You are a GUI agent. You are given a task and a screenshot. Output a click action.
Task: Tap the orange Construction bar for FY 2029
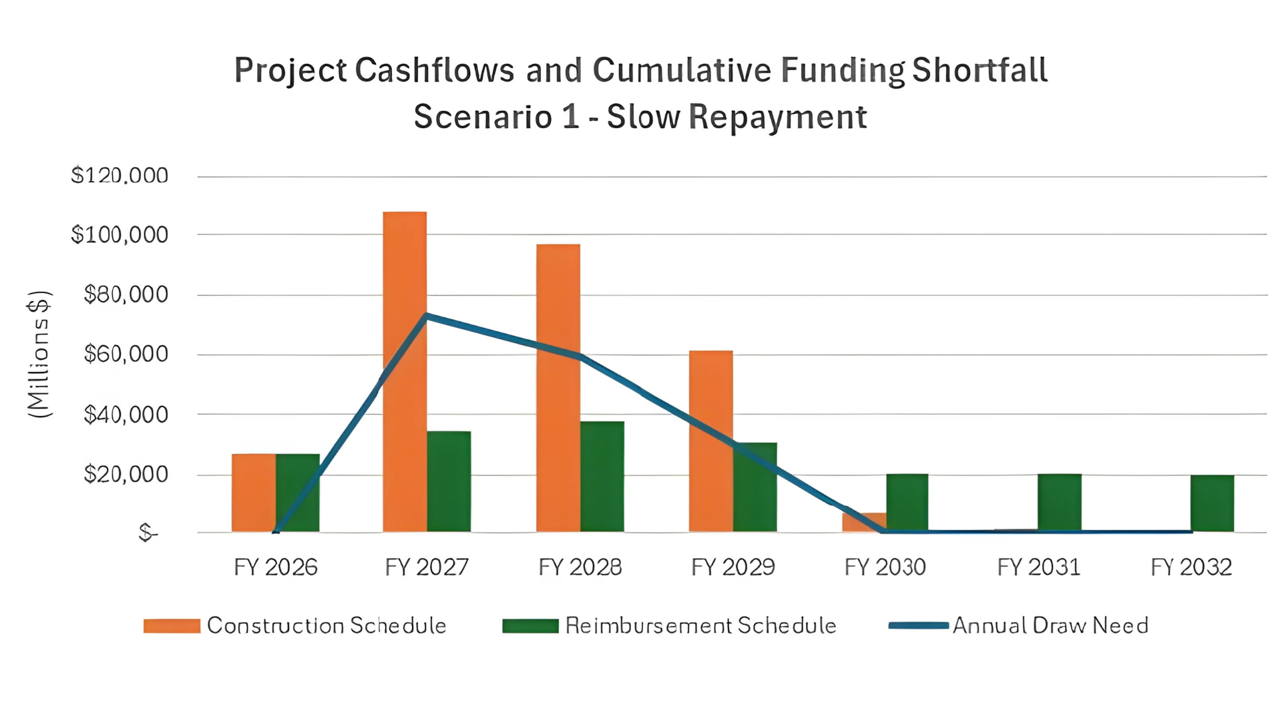tap(710, 441)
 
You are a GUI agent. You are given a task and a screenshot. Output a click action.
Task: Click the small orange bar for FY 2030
tap(864, 522)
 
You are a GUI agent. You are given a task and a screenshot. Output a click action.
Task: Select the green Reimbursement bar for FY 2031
tap(1059, 502)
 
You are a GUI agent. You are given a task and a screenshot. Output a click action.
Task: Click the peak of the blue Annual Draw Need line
tap(426, 316)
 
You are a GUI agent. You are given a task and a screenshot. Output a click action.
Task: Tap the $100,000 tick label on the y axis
tap(120, 235)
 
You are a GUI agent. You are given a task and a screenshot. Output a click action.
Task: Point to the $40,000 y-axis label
tap(126, 415)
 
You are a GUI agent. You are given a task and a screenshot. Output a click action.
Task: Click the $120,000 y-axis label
tap(120, 176)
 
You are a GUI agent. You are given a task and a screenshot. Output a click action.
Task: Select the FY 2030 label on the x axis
tap(885, 567)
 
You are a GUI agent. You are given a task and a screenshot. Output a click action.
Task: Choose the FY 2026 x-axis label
tap(275, 567)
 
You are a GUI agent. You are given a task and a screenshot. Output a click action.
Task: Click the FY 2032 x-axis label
tap(1191, 567)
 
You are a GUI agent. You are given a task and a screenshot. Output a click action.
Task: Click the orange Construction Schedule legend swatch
tap(172, 626)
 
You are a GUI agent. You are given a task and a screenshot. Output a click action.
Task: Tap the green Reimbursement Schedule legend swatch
tap(530, 626)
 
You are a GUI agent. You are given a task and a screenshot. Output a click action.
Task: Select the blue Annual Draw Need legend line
tap(918, 626)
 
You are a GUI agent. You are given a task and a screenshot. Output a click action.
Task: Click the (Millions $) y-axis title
tap(39, 354)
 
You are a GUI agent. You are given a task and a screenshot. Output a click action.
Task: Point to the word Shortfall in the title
tap(980, 70)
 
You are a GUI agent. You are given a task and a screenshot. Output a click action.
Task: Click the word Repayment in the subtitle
tap(777, 117)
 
